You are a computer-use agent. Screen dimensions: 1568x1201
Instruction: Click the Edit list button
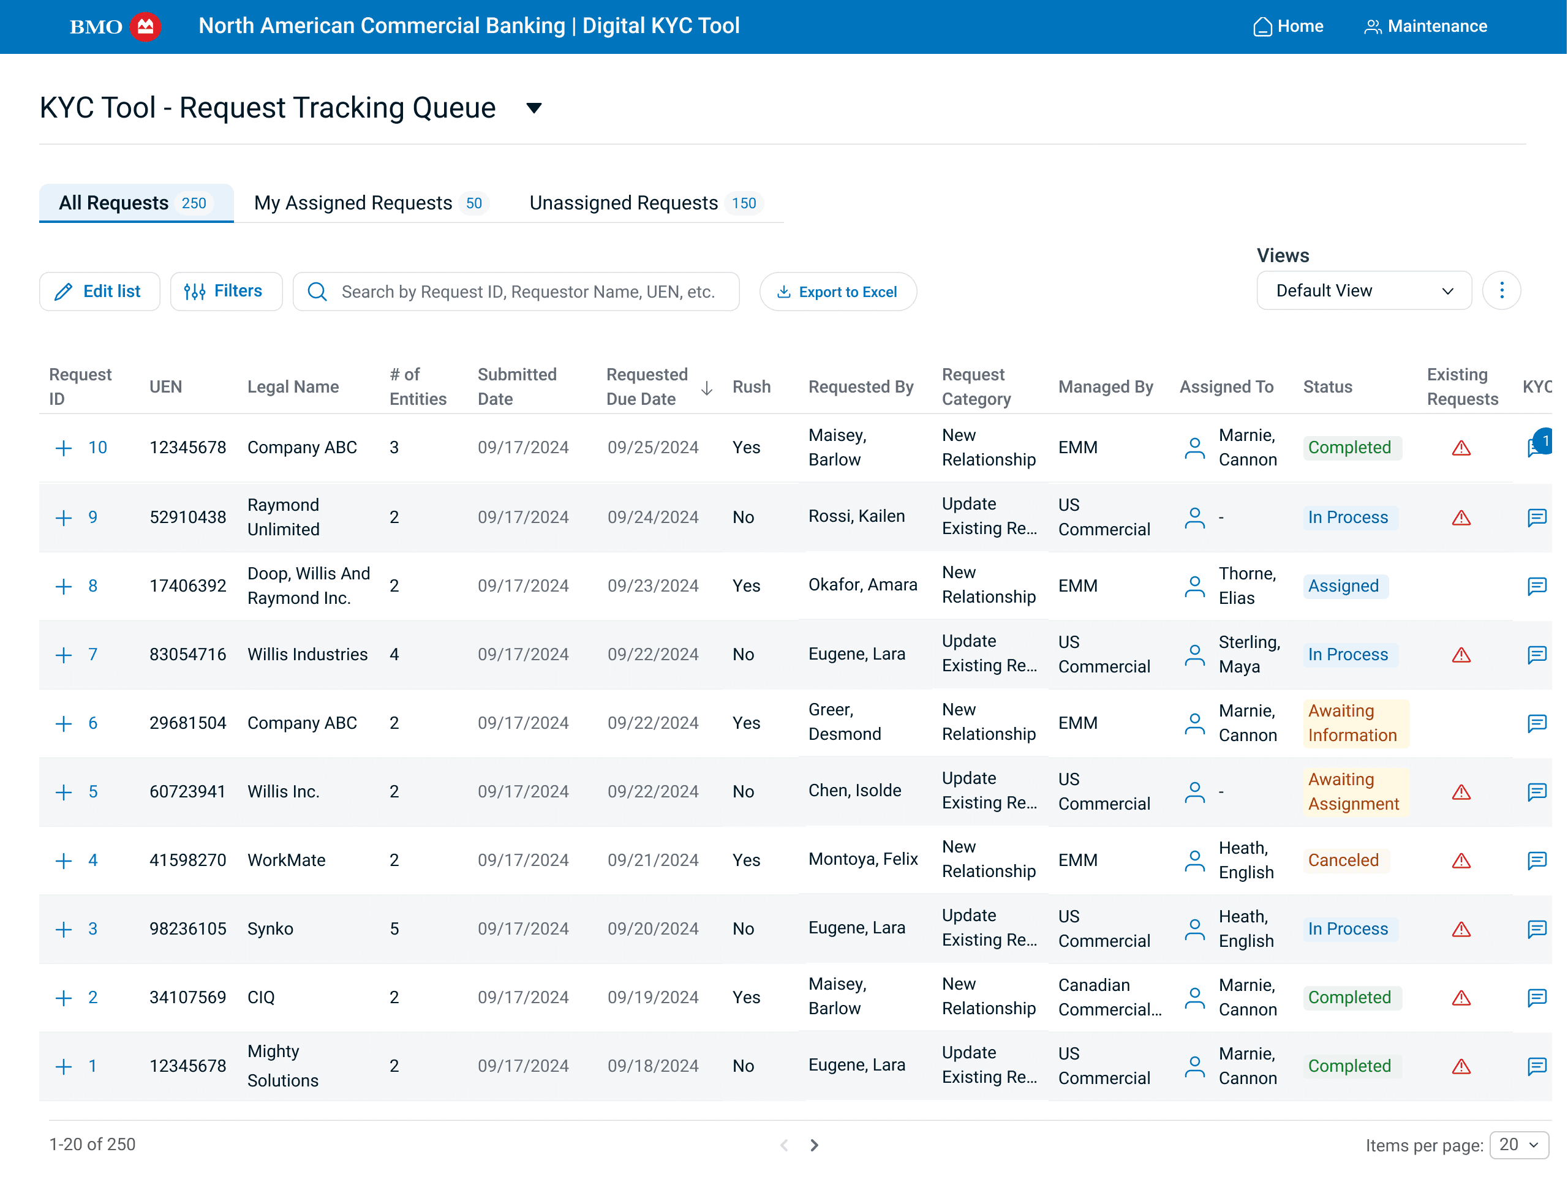tap(99, 292)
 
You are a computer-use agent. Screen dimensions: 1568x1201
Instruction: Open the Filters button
tap(225, 292)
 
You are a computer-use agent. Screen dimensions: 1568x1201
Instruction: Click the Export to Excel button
tap(838, 292)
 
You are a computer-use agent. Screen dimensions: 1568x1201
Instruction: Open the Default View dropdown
tap(1363, 291)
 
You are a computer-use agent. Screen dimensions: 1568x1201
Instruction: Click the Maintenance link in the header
tap(1426, 26)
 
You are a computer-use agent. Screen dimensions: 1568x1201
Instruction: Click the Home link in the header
tap(1289, 26)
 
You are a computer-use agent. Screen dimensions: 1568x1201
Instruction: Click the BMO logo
tap(115, 26)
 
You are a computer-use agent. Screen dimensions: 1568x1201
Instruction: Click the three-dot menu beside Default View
tap(1501, 291)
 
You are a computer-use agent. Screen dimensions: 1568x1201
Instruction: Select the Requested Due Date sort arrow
tap(706, 388)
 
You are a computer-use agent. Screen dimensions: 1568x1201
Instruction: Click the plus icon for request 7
tap(64, 655)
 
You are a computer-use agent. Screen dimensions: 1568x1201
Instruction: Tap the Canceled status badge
tap(1343, 860)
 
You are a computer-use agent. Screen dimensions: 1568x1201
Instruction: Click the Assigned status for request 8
tap(1343, 586)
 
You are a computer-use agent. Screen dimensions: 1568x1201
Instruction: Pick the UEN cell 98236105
tap(187, 929)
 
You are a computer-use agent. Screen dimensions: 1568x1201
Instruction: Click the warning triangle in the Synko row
tap(1461, 929)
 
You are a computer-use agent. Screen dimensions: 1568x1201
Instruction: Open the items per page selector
tap(1518, 1145)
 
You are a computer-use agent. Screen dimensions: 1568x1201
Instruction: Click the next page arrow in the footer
tap(813, 1145)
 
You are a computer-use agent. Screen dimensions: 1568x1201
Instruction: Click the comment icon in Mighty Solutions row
tap(1536, 1067)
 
